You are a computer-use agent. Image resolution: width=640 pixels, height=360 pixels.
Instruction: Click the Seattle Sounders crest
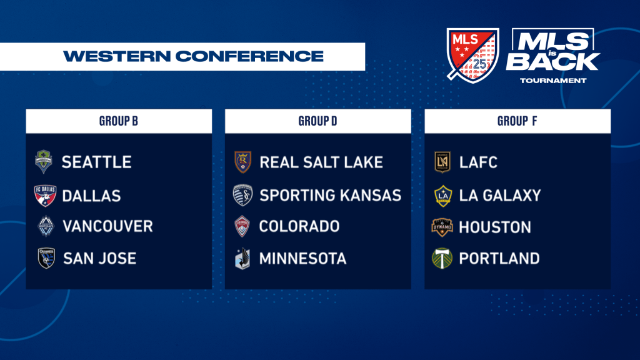pyautogui.click(x=44, y=162)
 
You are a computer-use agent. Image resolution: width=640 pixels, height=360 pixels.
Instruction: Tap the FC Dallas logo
pyautogui.click(x=45, y=196)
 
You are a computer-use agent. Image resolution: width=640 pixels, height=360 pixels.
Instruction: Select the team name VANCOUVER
pyautogui.click(x=107, y=226)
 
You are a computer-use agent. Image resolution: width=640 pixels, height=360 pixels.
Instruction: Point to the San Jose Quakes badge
pyautogui.click(x=46, y=258)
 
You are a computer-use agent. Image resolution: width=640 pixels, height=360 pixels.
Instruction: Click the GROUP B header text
pyautogui.click(x=118, y=121)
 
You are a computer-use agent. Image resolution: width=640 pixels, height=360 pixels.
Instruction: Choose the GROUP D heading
pyautogui.click(x=317, y=121)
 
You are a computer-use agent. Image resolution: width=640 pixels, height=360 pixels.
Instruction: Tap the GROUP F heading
pyautogui.click(x=517, y=121)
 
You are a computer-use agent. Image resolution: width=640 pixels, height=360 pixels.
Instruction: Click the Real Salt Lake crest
pyautogui.click(x=243, y=162)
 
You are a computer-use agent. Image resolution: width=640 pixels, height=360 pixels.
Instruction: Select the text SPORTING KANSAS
pyautogui.click(x=331, y=196)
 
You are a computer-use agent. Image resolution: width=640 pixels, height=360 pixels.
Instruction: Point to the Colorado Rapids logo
pyautogui.click(x=242, y=226)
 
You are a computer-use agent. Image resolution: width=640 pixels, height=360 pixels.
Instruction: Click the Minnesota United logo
pyautogui.click(x=243, y=258)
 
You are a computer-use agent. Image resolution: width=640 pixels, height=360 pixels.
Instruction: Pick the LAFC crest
pyautogui.click(x=442, y=162)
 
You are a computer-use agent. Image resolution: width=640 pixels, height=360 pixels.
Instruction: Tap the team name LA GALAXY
pyautogui.click(x=500, y=196)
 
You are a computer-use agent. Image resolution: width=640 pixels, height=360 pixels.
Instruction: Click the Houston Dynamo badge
pyautogui.click(x=442, y=227)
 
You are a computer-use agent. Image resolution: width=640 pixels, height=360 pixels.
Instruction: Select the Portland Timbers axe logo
pyautogui.click(x=442, y=258)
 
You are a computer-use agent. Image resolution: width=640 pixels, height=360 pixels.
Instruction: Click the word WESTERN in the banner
pyautogui.click(x=117, y=56)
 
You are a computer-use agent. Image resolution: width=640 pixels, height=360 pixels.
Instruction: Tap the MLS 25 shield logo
pyautogui.click(x=472, y=55)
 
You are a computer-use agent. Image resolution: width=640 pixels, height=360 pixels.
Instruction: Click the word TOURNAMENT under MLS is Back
pyautogui.click(x=553, y=81)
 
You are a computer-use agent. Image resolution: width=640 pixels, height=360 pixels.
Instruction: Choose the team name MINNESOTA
pyautogui.click(x=303, y=258)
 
